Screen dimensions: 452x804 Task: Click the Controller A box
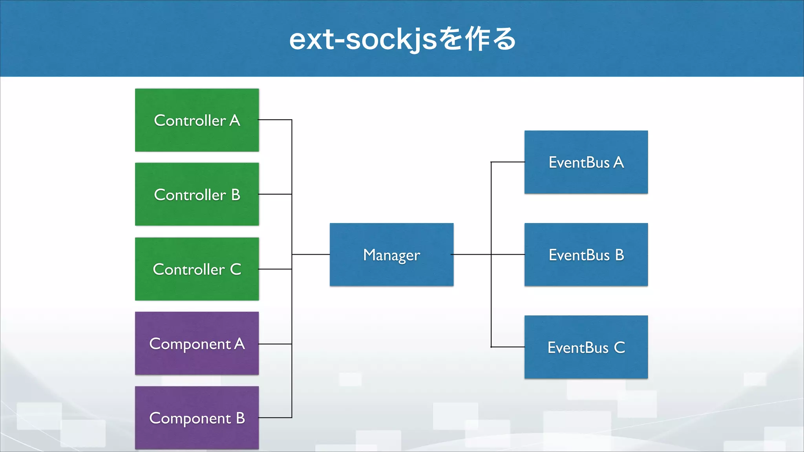(197, 120)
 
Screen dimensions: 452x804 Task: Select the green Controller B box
(197, 194)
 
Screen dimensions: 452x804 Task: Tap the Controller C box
(197, 269)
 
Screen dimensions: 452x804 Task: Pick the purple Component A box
(197, 343)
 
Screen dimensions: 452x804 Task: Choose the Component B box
(197, 418)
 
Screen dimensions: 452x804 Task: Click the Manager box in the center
(391, 255)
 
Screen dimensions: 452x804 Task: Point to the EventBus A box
(586, 162)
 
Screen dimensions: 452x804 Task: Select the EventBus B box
(586, 255)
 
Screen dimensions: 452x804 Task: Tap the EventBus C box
(586, 347)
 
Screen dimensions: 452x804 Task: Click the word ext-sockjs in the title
(363, 40)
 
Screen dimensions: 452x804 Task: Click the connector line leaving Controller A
(275, 120)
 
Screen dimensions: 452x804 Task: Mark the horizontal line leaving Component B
(275, 417)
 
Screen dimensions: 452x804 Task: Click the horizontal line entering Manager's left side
(311, 255)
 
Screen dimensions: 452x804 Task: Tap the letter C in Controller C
(236, 270)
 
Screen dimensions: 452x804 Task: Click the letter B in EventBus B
(619, 255)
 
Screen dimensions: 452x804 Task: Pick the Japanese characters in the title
(477, 40)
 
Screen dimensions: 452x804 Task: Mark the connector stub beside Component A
(275, 344)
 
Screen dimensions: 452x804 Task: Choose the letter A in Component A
(239, 344)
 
